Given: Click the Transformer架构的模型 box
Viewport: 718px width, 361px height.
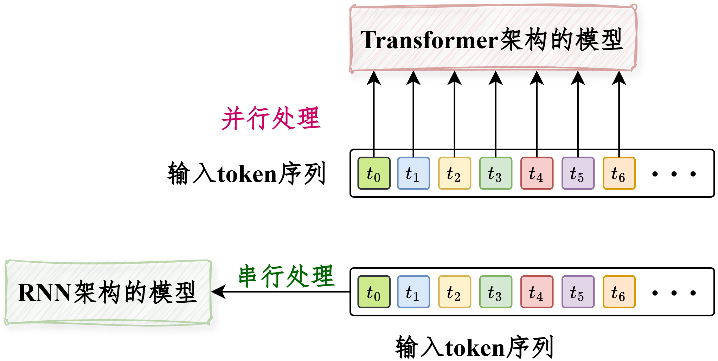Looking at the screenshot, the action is tap(493, 38).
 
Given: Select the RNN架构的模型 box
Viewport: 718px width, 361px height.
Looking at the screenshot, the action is tap(108, 292).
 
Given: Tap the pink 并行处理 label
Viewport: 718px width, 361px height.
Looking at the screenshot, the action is tap(271, 119).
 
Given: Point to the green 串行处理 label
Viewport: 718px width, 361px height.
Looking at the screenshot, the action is tap(287, 277).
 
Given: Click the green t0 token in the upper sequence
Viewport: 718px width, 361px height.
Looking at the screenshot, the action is tap(374, 173).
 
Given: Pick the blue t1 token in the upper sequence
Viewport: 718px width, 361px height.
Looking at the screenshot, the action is tap(414, 173).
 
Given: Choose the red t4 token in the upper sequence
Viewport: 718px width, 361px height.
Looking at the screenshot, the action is tap(537, 173).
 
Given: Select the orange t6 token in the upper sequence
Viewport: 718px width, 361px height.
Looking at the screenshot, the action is tap(619, 173).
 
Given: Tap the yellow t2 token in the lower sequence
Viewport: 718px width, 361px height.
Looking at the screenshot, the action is tap(455, 292).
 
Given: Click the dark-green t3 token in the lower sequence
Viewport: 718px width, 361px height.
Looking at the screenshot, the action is tap(496, 292).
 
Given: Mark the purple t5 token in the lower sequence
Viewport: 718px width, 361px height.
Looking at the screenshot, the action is tap(578, 292).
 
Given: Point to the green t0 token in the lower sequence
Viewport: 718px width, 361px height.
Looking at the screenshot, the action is tap(374, 292).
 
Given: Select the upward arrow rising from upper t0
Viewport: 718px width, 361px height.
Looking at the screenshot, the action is tap(374, 114).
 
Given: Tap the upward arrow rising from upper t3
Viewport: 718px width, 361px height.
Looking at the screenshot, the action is tap(496, 114).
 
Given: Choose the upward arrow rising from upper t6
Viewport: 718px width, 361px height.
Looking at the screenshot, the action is tap(619, 114).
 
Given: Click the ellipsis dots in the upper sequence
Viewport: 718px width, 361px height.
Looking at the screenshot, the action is tap(674, 174).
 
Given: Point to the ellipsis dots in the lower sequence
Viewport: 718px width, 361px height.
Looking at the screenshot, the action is tap(674, 293).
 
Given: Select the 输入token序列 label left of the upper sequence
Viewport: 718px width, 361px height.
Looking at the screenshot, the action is tap(247, 173).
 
